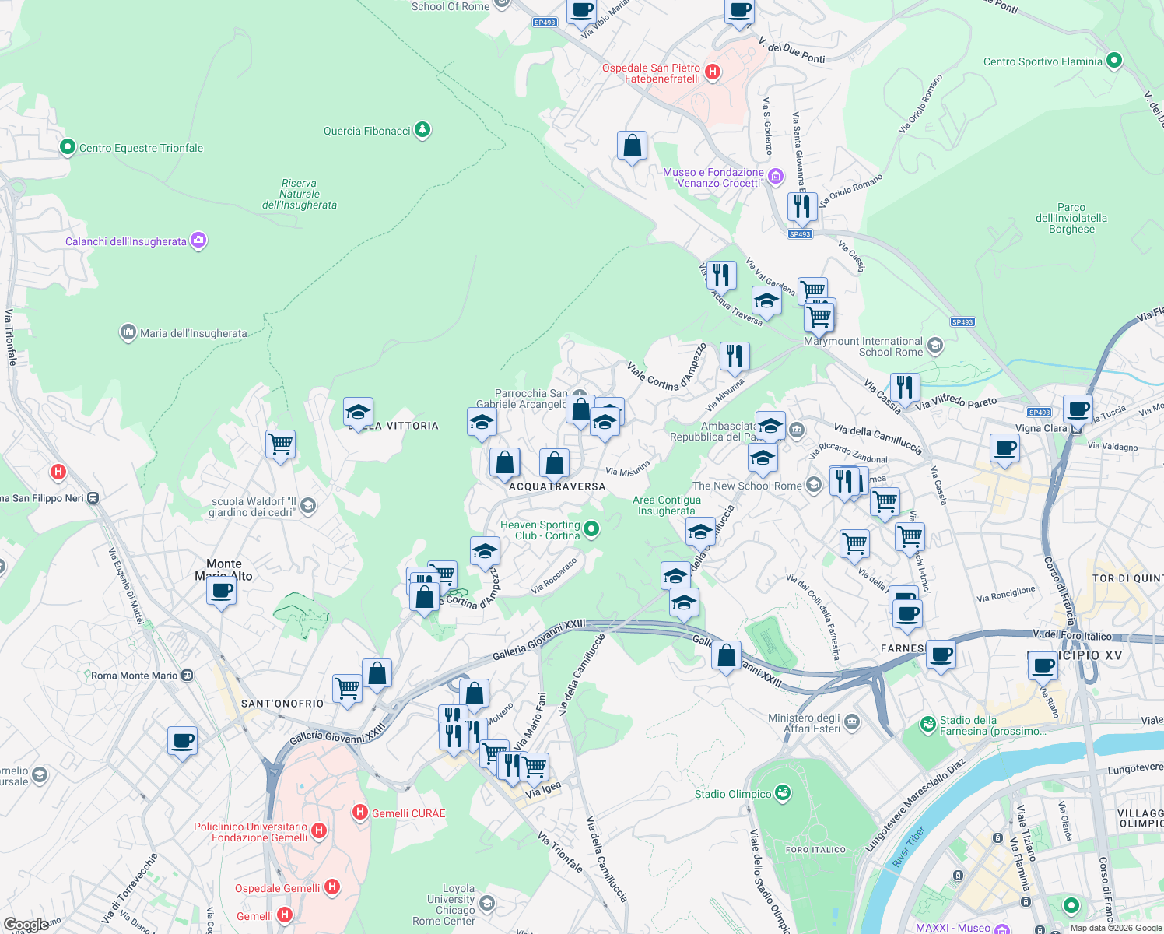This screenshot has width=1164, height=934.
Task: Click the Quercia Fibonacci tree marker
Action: point(422,130)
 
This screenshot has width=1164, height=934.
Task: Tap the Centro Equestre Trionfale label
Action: point(141,148)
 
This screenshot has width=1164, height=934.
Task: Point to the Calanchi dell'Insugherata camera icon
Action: point(198,241)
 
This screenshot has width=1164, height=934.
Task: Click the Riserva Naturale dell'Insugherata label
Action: point(300,195)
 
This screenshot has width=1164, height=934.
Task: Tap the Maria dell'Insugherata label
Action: point(193,333)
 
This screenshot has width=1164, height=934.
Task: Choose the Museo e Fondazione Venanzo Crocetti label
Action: point(713,177)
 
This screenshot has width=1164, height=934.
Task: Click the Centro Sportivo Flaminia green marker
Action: point(1113,61)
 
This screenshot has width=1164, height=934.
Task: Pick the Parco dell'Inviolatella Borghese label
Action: point(1071,219)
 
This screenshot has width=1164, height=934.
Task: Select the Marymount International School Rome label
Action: point(863,346)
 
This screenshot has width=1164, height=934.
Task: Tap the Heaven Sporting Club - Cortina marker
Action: point(591,530)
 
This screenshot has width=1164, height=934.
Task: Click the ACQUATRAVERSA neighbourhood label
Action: point(557,486)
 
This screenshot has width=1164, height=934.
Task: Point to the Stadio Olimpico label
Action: point(733,794)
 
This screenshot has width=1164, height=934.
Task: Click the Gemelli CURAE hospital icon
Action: point(359,813)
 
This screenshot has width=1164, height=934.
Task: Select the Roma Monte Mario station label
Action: point(134,676)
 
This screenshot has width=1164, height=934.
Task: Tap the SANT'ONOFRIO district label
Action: point(282,704)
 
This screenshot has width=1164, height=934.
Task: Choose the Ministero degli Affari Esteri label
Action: point(804,723)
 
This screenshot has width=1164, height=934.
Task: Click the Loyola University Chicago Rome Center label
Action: point(444,904)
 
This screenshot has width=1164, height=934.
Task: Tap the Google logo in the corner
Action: point(26,925)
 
